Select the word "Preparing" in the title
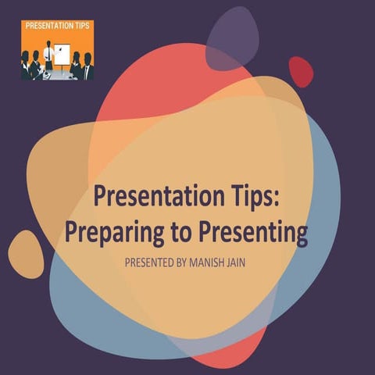106,231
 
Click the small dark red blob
301,71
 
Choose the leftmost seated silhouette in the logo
27,66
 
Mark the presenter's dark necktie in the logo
49,53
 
